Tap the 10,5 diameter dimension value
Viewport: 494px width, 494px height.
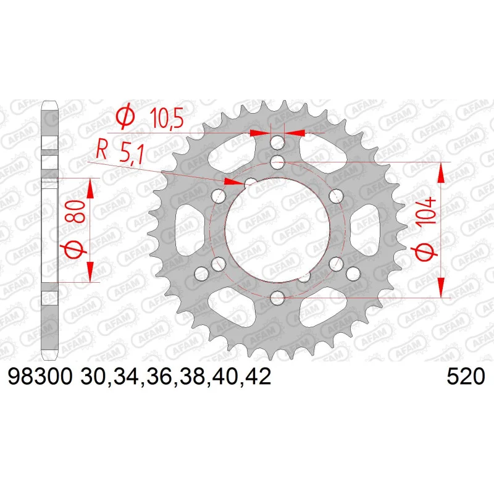(167, 118)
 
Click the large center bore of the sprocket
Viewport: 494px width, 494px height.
(278, 230)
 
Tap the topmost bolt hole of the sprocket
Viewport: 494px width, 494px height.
(277, 143)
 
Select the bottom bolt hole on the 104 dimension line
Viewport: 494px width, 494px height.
(277, 298)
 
